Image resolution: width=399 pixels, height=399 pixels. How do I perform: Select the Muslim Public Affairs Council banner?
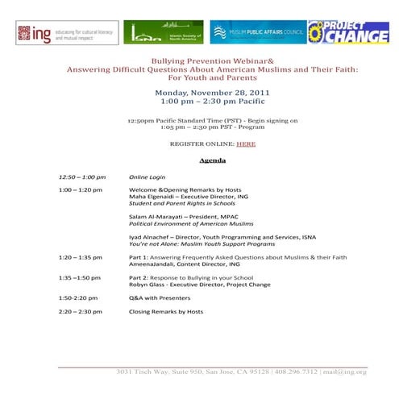click(257, 33)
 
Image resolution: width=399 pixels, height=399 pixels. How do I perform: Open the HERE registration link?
click(246, 143)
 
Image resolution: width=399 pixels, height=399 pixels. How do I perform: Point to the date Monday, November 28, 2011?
click(212, 94)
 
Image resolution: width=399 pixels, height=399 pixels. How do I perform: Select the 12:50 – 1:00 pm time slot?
click(81, 177)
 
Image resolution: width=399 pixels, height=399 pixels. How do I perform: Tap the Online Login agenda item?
click(147, 177)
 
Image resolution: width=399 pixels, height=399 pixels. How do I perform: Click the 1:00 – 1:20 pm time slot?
click(80, 190)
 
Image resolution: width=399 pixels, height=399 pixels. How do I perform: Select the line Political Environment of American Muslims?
click(191, 224)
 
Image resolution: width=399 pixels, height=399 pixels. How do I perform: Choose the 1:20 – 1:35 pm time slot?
click(80, 257)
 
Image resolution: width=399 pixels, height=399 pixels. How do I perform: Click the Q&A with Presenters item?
click(161, 297)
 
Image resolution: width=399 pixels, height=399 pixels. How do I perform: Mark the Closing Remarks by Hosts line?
click(166, 311)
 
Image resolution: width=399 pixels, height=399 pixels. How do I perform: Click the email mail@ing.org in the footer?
click(345, 372)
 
